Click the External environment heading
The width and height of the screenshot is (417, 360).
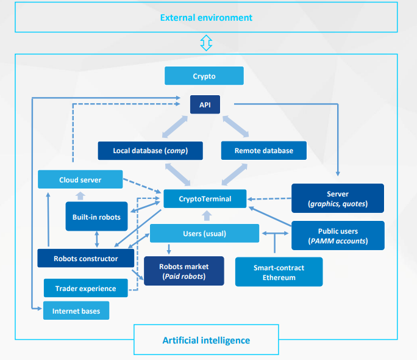click(x=206, y=17)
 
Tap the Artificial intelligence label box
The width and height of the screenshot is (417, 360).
click(x=206, y=340)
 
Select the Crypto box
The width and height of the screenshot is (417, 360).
click(x=204, y=76)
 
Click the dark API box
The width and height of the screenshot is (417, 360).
click(x=205, y=105)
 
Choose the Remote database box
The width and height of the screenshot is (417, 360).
click(x=263, y=151)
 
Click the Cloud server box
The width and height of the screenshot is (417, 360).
click(x=80, y=180)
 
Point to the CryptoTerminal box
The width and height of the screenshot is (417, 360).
click(x=205, y=199)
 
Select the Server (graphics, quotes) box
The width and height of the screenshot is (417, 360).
click(x=337, y=198)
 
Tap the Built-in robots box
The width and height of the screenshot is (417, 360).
click(x=96, y=217)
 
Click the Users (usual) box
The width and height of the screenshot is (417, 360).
click(x=205, y=234)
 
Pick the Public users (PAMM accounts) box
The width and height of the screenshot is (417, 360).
click(x=338, y=236)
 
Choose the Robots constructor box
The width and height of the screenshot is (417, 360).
click(x=85, y=258)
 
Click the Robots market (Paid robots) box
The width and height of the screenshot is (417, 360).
click(x=184, y=272)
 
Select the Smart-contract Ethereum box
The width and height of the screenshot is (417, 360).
click(x=279, y=272)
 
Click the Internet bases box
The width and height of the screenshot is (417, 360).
click(x=76, y=311)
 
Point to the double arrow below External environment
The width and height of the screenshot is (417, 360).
click(x=206, y=43)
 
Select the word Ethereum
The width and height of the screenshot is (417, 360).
click(x=279, y=278)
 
